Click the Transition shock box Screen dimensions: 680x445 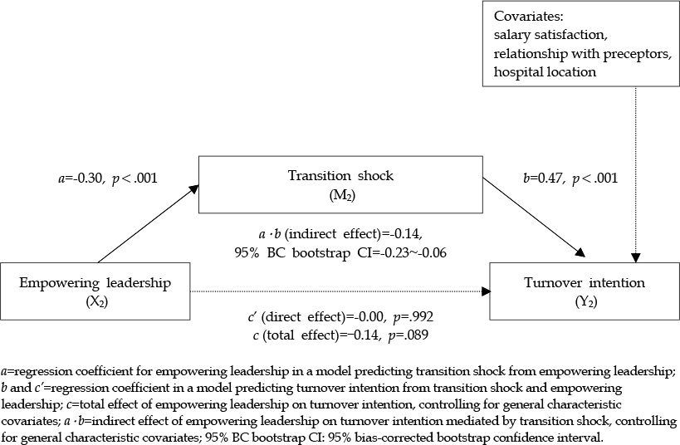[x=340, y=184]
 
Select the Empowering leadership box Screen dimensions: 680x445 [x=95, y=291]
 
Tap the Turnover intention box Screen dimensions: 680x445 [x=585, y=291]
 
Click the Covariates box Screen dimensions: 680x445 [x=581, y=43]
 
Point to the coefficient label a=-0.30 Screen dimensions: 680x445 [x=80, y=178]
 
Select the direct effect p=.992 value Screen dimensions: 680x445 [x=413, y=317]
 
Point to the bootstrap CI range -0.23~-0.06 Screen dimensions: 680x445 [x=410, y=252]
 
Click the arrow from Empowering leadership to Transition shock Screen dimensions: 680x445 [x=149, y=224]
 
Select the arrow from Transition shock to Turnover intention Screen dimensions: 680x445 [x=535, y=218]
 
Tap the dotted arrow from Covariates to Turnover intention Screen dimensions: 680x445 [x=636, y=174]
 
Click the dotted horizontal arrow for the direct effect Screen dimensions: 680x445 [x=340, y=291]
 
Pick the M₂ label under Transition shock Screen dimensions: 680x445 [x=342, y=196]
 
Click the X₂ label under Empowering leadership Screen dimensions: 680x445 [x=96, y=302]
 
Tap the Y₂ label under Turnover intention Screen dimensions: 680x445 [x=586, y=302]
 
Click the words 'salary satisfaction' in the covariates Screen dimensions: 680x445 [x=550, y=35]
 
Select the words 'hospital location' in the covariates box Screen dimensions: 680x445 [x=545, y=72]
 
